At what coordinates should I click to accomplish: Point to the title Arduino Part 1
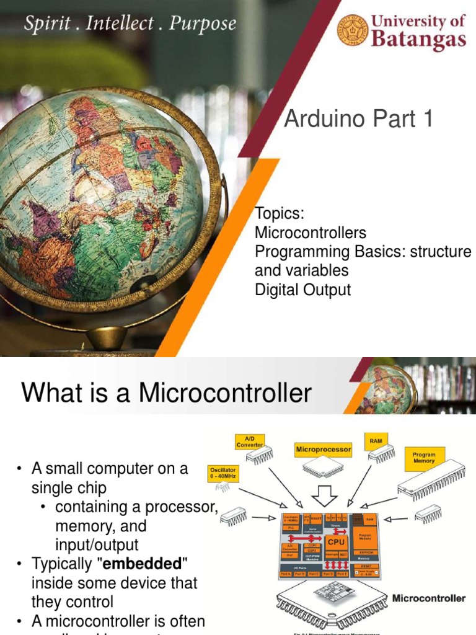tap(358, 118)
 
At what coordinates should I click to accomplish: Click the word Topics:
tap(279, 214)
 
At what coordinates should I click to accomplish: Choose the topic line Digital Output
tap(302, 290)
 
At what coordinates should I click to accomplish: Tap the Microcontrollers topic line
tap(311, 233)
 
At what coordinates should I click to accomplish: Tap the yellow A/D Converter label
tap(250, 442)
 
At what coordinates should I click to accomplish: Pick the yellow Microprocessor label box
tap(323, 448)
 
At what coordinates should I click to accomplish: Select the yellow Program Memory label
tap(424, 458)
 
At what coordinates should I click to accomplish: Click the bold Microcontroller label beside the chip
tap(429, 598)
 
